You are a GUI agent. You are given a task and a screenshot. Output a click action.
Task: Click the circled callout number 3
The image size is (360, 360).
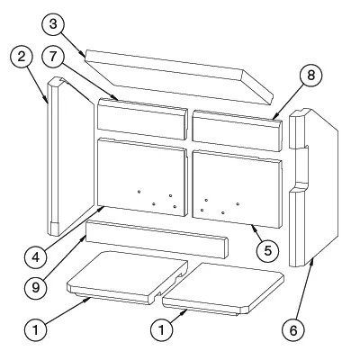(x=53, y=24)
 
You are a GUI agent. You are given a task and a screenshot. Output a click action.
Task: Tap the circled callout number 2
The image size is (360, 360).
(x=22, y=57)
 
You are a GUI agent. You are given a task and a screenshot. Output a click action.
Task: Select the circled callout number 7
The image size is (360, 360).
(x=53, y=57)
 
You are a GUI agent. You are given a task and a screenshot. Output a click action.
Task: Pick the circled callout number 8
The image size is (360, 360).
(x=310, y=76)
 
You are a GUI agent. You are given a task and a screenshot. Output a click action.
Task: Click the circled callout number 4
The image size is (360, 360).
(x=36, y=257)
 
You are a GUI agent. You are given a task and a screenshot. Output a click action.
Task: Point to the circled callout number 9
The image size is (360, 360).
(x=36, y=288)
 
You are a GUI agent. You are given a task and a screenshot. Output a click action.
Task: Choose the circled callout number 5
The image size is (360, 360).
(x=267, y=250)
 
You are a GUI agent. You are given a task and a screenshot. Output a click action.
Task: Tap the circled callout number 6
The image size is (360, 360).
(x=293, y=330)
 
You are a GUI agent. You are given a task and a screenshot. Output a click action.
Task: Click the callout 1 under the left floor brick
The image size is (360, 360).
(x=36, y=330)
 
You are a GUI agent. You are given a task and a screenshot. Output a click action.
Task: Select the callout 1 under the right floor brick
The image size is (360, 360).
(x=161, y=330)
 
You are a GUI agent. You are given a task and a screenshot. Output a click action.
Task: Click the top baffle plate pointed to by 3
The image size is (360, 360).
(x=179, y=76)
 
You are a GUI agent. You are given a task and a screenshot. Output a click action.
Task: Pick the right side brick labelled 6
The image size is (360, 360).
(x=313, y=187)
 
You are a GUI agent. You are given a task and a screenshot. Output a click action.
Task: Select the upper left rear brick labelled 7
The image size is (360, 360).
(x=142, y=119)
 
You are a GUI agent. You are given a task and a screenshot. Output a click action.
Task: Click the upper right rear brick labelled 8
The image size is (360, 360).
(x=238, y=130)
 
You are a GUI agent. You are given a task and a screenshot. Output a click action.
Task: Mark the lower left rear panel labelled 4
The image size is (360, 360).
(x=142, y=177)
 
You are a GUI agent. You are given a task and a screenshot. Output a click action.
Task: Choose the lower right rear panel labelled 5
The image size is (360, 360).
(x=238, y=189)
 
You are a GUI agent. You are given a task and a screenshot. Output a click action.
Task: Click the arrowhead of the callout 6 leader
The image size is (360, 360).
(x=313, y=260)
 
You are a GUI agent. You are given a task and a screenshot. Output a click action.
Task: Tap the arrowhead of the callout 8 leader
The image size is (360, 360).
(x=274, y=119)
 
